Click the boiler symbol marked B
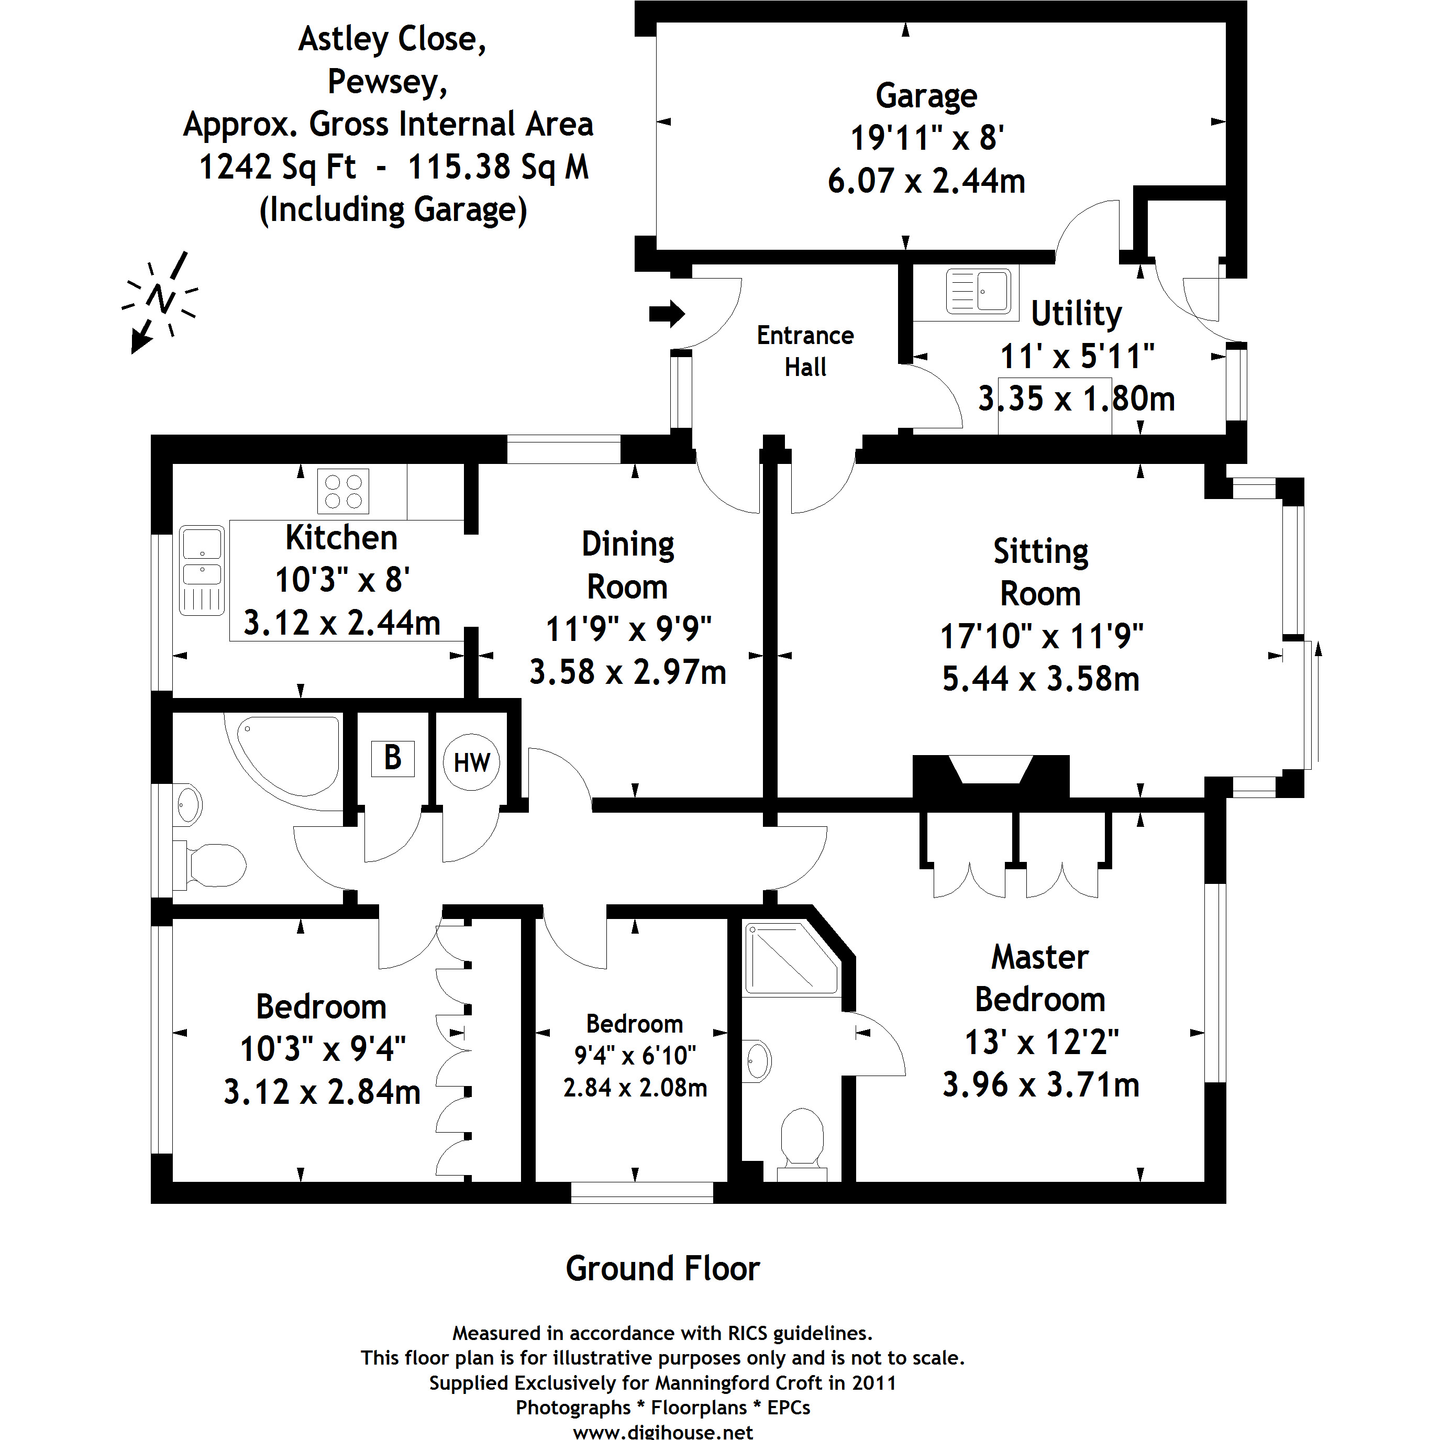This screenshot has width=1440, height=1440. [393, 759]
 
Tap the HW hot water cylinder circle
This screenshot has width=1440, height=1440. [471, 762]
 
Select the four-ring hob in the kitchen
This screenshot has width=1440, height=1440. [343, 491]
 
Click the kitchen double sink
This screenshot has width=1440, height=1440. [201, 570]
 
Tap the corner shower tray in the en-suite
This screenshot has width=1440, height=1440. [791, 958]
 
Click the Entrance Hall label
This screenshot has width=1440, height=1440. [805, 351]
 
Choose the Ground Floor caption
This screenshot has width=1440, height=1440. [662, 1269]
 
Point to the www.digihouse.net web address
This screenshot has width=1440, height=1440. [662, 1431]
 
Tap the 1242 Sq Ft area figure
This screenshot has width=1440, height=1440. [278, 167]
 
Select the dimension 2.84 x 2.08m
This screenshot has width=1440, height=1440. [635, 1088]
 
